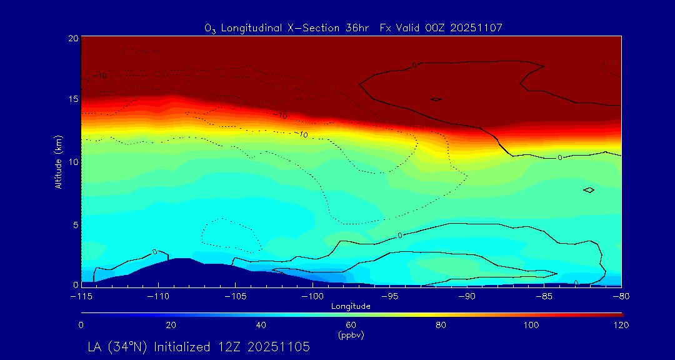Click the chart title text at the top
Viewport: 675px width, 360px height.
[353, 27]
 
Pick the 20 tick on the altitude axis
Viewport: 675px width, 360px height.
[72, 38]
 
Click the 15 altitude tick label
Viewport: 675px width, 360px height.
[72, 99]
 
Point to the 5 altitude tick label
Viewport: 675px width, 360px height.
[74, 223]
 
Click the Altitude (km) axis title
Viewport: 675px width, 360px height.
[58, 162]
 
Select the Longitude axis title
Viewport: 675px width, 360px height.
[351, 306]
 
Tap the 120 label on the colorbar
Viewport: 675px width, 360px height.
[621, 325]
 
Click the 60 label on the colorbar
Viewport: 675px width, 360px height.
[351, 325]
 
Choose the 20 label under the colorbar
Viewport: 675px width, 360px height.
[171, 325]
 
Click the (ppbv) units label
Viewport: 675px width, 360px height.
[351, 335]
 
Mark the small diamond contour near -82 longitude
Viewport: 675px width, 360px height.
[588, 189]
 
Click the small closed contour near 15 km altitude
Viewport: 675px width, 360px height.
[436, 99]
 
